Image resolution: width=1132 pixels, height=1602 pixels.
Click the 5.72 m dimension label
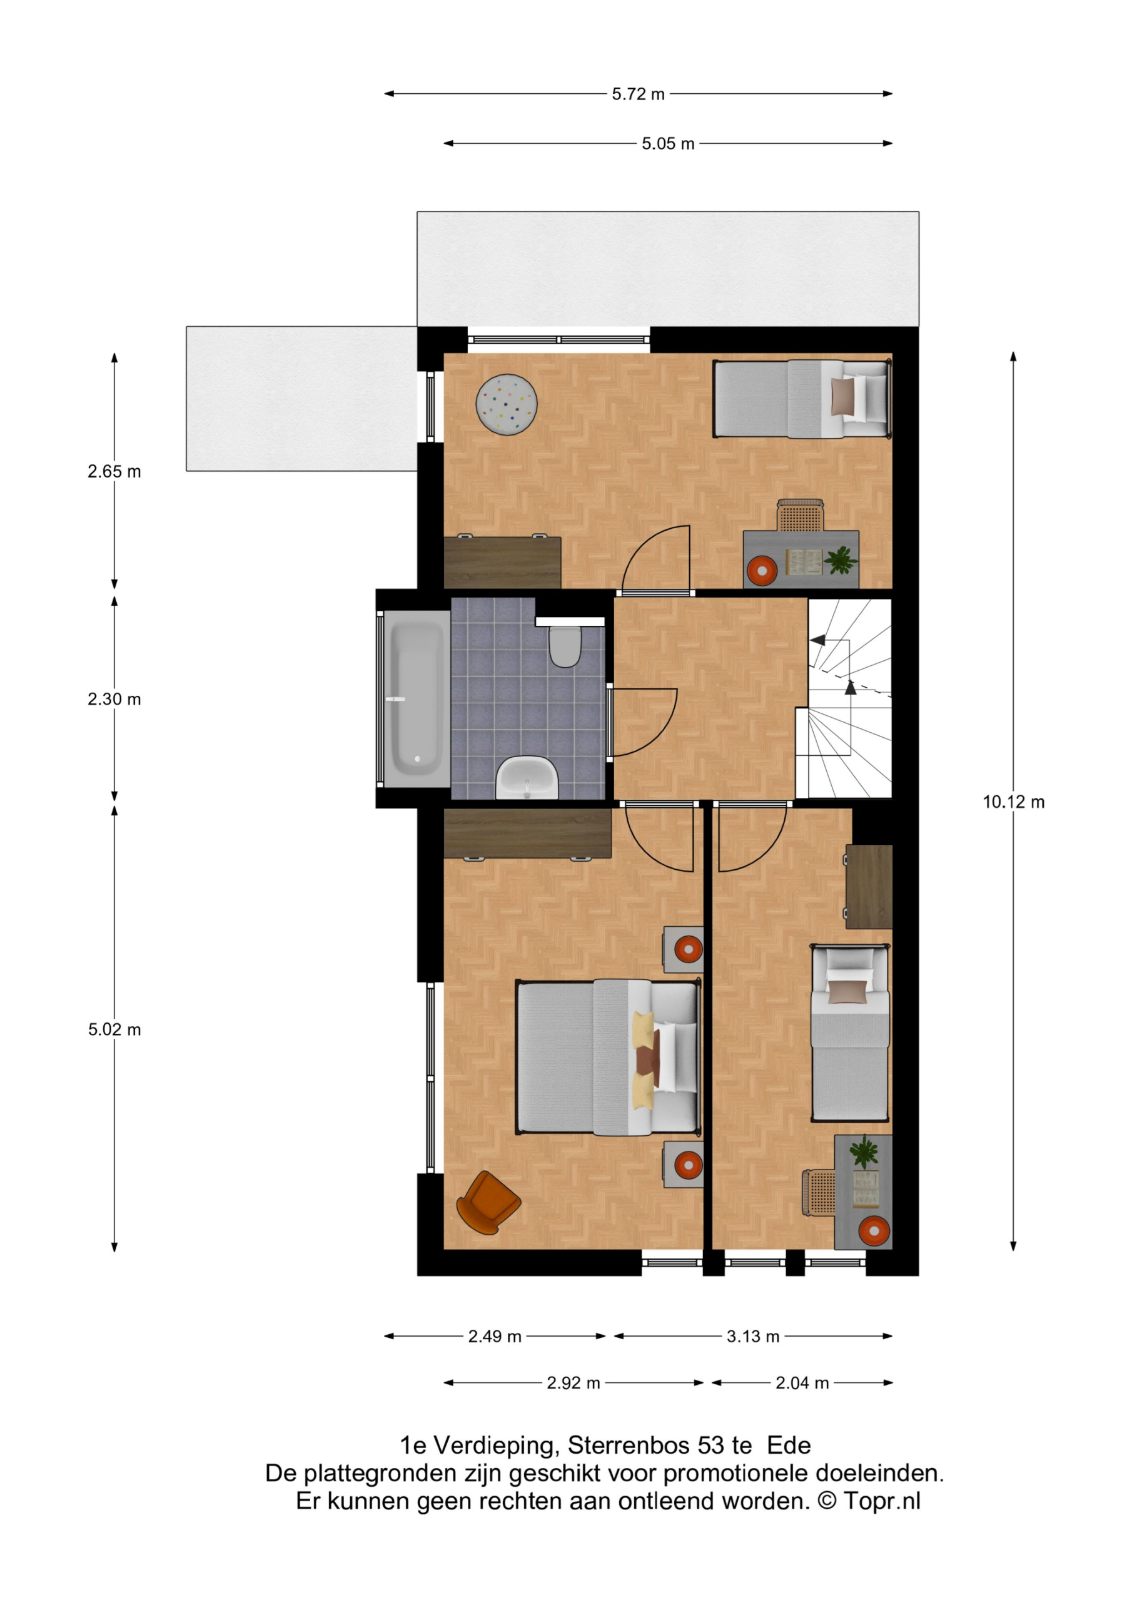(x=638, y=94)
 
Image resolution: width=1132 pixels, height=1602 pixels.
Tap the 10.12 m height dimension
(x=1013, y=802)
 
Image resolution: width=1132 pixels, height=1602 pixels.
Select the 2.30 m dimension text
(x=114, y=699)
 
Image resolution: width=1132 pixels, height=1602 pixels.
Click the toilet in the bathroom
(x=565, y=646)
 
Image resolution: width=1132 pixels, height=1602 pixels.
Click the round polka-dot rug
(x=507, y=405)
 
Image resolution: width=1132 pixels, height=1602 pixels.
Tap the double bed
(x=607, y=1057)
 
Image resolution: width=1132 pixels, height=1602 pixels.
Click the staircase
(x=844, y=698)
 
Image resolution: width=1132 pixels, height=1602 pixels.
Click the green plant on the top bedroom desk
(x=841, y=559)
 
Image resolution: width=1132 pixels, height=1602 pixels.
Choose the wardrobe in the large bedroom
(x=527, y=832)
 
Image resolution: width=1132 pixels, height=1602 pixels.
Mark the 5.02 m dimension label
(x=114, y=1030)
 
